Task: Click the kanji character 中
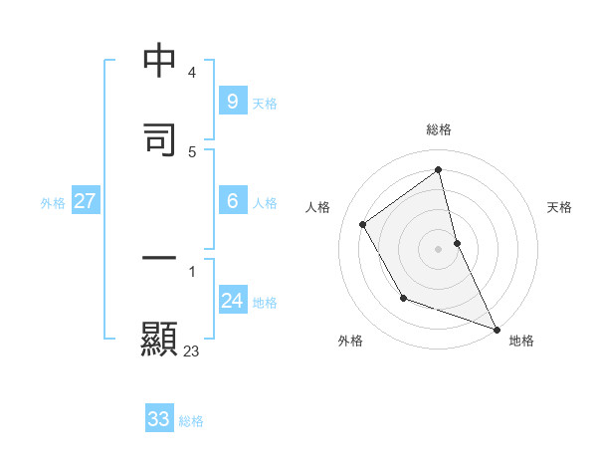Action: [x=159, y=61]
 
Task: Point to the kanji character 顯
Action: [x=159, y=338]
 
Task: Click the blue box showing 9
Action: [x=232, y=101]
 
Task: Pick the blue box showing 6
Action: [x=232, y=201]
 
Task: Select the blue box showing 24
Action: [x=232, y=301]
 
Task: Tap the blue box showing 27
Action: [x=85, y=201]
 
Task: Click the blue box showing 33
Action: [x=159, y=419]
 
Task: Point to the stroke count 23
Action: [x=191, y=351]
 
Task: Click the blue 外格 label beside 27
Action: [x=53, y=203]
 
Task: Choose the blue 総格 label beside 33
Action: [x=191, y=421]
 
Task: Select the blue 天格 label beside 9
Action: [x=265, y=103]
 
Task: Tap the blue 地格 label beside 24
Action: [x=265, y=303]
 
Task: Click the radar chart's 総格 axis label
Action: [x=439, y=129]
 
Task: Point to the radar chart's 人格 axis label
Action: [x=318, y=207]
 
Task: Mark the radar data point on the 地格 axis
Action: [x=497, y=329]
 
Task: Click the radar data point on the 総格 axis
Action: [x=439, y=170]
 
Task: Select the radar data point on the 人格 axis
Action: [x=363, y=224]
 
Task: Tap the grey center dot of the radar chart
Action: [x=439, y=248]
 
